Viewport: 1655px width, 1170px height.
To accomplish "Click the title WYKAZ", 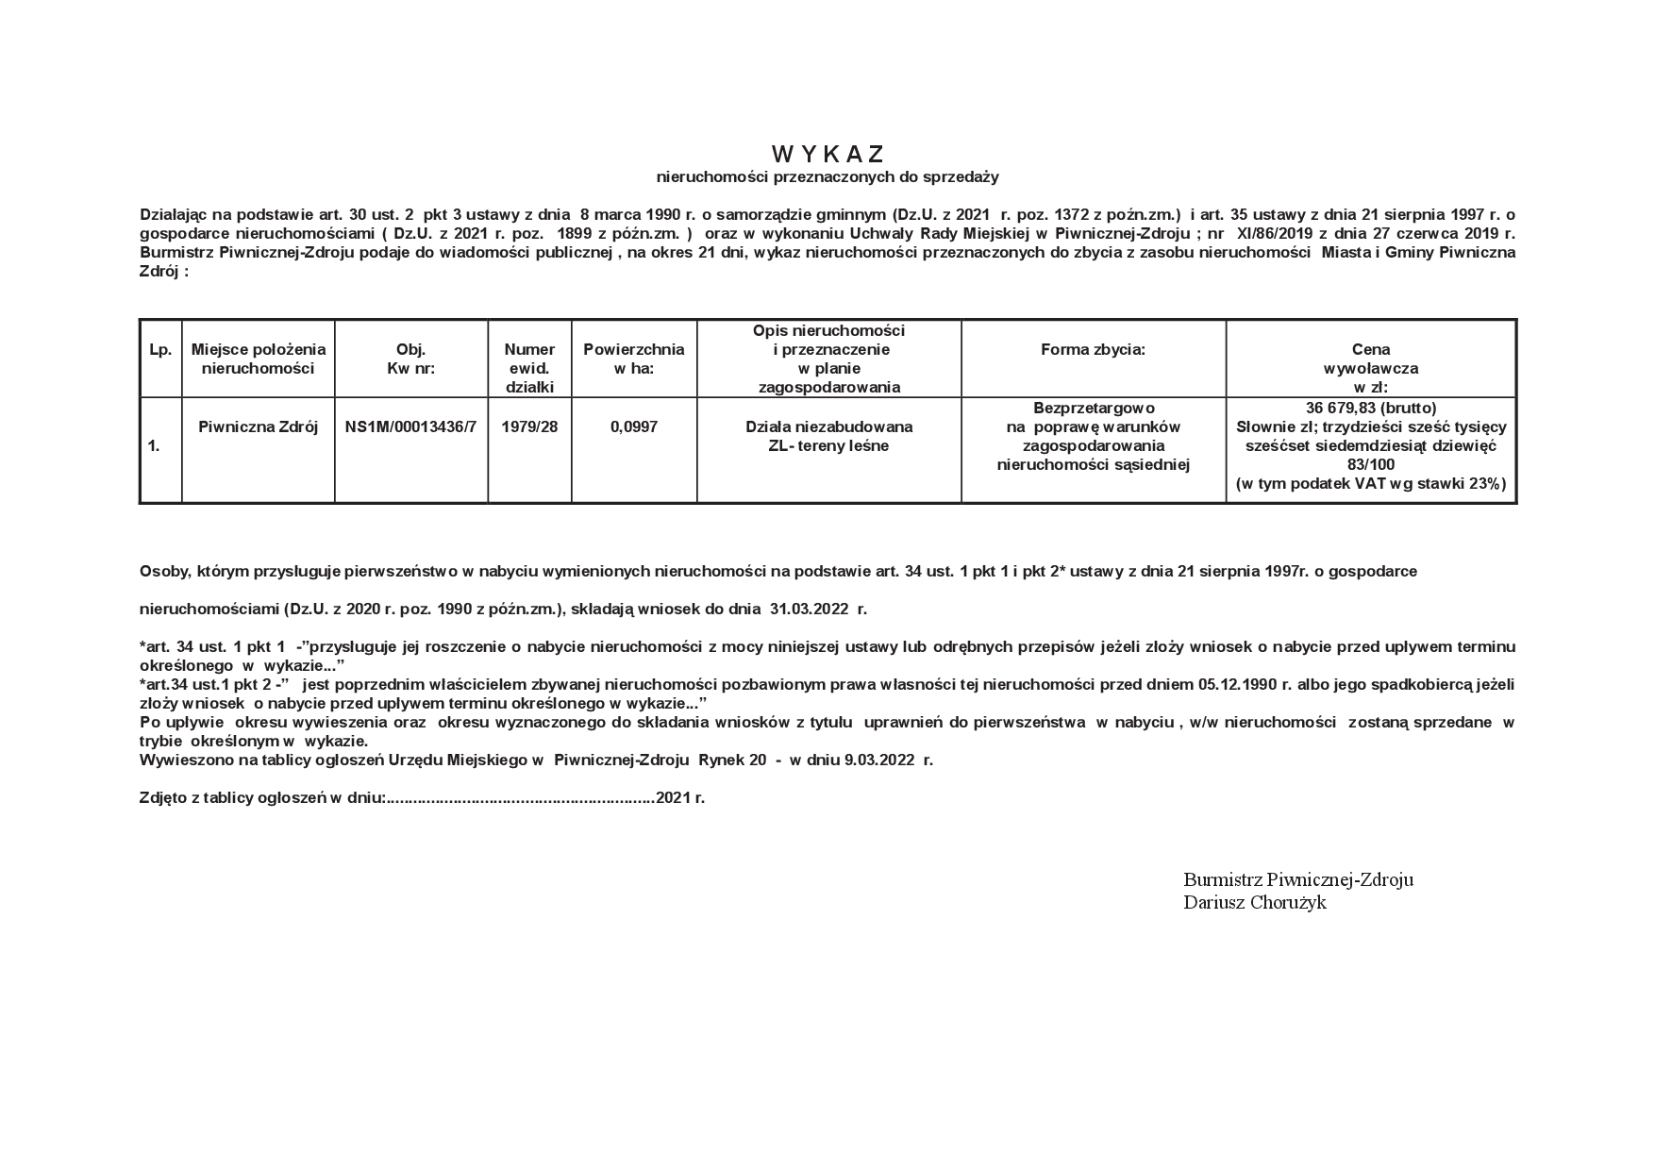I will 827,154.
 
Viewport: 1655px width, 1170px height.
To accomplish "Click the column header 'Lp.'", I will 160,350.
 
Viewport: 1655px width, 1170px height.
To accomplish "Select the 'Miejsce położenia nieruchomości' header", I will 258,359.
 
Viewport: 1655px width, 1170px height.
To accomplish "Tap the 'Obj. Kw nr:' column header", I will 410,359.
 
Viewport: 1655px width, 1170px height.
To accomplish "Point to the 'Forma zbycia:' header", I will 1093,350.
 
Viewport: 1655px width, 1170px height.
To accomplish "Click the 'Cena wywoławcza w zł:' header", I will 1370,368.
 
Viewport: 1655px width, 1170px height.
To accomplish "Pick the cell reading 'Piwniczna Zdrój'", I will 258,426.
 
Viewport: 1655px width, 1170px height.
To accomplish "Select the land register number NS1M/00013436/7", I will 410,426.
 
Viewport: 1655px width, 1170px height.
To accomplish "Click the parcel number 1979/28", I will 529,426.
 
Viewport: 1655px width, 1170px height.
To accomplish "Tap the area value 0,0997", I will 633,426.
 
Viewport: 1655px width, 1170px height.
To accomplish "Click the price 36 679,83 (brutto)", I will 1370,408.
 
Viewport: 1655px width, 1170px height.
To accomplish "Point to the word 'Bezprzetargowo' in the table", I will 1093,408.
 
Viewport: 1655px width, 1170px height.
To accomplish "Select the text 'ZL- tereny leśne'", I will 828,445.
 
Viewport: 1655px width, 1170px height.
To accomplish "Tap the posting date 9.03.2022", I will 879,760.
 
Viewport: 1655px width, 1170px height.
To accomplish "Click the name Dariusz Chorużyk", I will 1254,903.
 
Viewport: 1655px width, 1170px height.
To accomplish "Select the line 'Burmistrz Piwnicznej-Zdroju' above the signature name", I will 1297,879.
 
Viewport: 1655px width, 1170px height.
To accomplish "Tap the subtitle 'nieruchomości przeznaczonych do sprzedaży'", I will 827,176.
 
